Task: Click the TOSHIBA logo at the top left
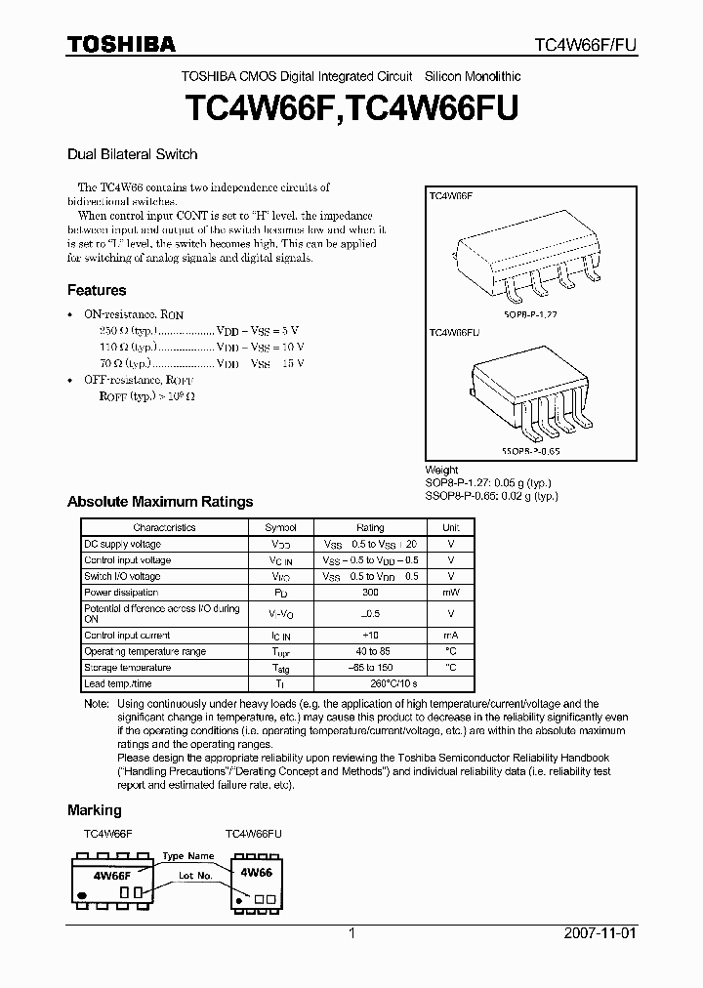point(121,44)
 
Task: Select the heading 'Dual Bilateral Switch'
point(132,154)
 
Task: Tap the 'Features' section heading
point(97,290)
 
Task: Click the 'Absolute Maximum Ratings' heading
point(159,502)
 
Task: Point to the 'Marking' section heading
point(94,810)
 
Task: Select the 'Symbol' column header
point(280,527)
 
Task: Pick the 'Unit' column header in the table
point(450,527)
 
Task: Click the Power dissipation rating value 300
point(370,593)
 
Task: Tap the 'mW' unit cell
point(450,593)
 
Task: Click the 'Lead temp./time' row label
point(118,684)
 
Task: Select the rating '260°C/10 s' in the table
point(370,684)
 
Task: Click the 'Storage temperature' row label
point(127,668)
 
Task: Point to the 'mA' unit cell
point(450,636)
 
